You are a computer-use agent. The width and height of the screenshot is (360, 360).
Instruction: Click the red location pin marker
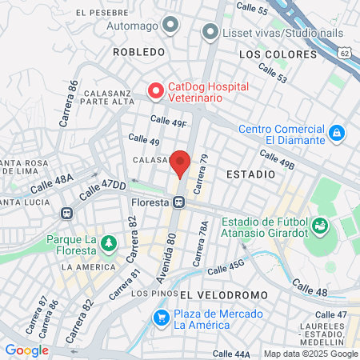(181, 163)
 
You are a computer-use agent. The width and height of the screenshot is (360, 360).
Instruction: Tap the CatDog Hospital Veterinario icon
(154, 92)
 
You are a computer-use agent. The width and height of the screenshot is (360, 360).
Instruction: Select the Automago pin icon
(169, 26)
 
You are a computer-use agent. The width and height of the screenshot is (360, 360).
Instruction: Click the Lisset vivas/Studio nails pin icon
(210, 32)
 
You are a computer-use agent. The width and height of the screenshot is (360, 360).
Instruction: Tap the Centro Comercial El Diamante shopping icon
(337, 132)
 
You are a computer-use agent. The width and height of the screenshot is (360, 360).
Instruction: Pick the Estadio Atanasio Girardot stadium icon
(320, 226)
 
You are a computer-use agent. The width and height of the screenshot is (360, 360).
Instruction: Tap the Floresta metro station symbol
(181, 202)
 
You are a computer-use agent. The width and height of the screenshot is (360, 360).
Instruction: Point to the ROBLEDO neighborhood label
(138, 51)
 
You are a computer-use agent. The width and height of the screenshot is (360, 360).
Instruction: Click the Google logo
(26, 350)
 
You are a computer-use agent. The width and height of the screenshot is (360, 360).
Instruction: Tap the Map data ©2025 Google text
(310, 354)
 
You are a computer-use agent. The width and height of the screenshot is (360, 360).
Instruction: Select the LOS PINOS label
(150, 294)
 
